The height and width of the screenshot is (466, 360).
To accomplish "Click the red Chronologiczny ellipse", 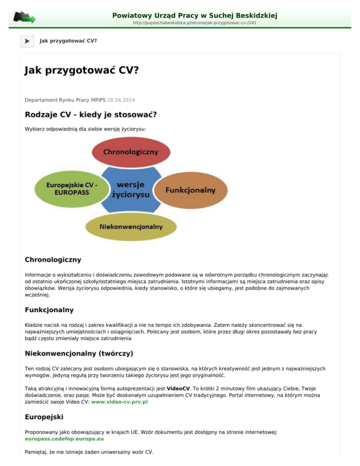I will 130,153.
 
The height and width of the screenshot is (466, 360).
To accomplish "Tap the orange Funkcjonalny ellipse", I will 190,190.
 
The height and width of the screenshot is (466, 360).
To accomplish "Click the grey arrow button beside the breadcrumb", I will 27,41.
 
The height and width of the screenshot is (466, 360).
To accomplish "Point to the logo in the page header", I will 24,17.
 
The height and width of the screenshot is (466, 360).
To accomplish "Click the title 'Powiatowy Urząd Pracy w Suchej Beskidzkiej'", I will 195,15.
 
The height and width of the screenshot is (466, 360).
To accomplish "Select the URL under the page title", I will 195,23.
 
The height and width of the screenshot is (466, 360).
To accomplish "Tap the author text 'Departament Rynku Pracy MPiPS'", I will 65,100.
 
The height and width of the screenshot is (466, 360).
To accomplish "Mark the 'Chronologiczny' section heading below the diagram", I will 53,259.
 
